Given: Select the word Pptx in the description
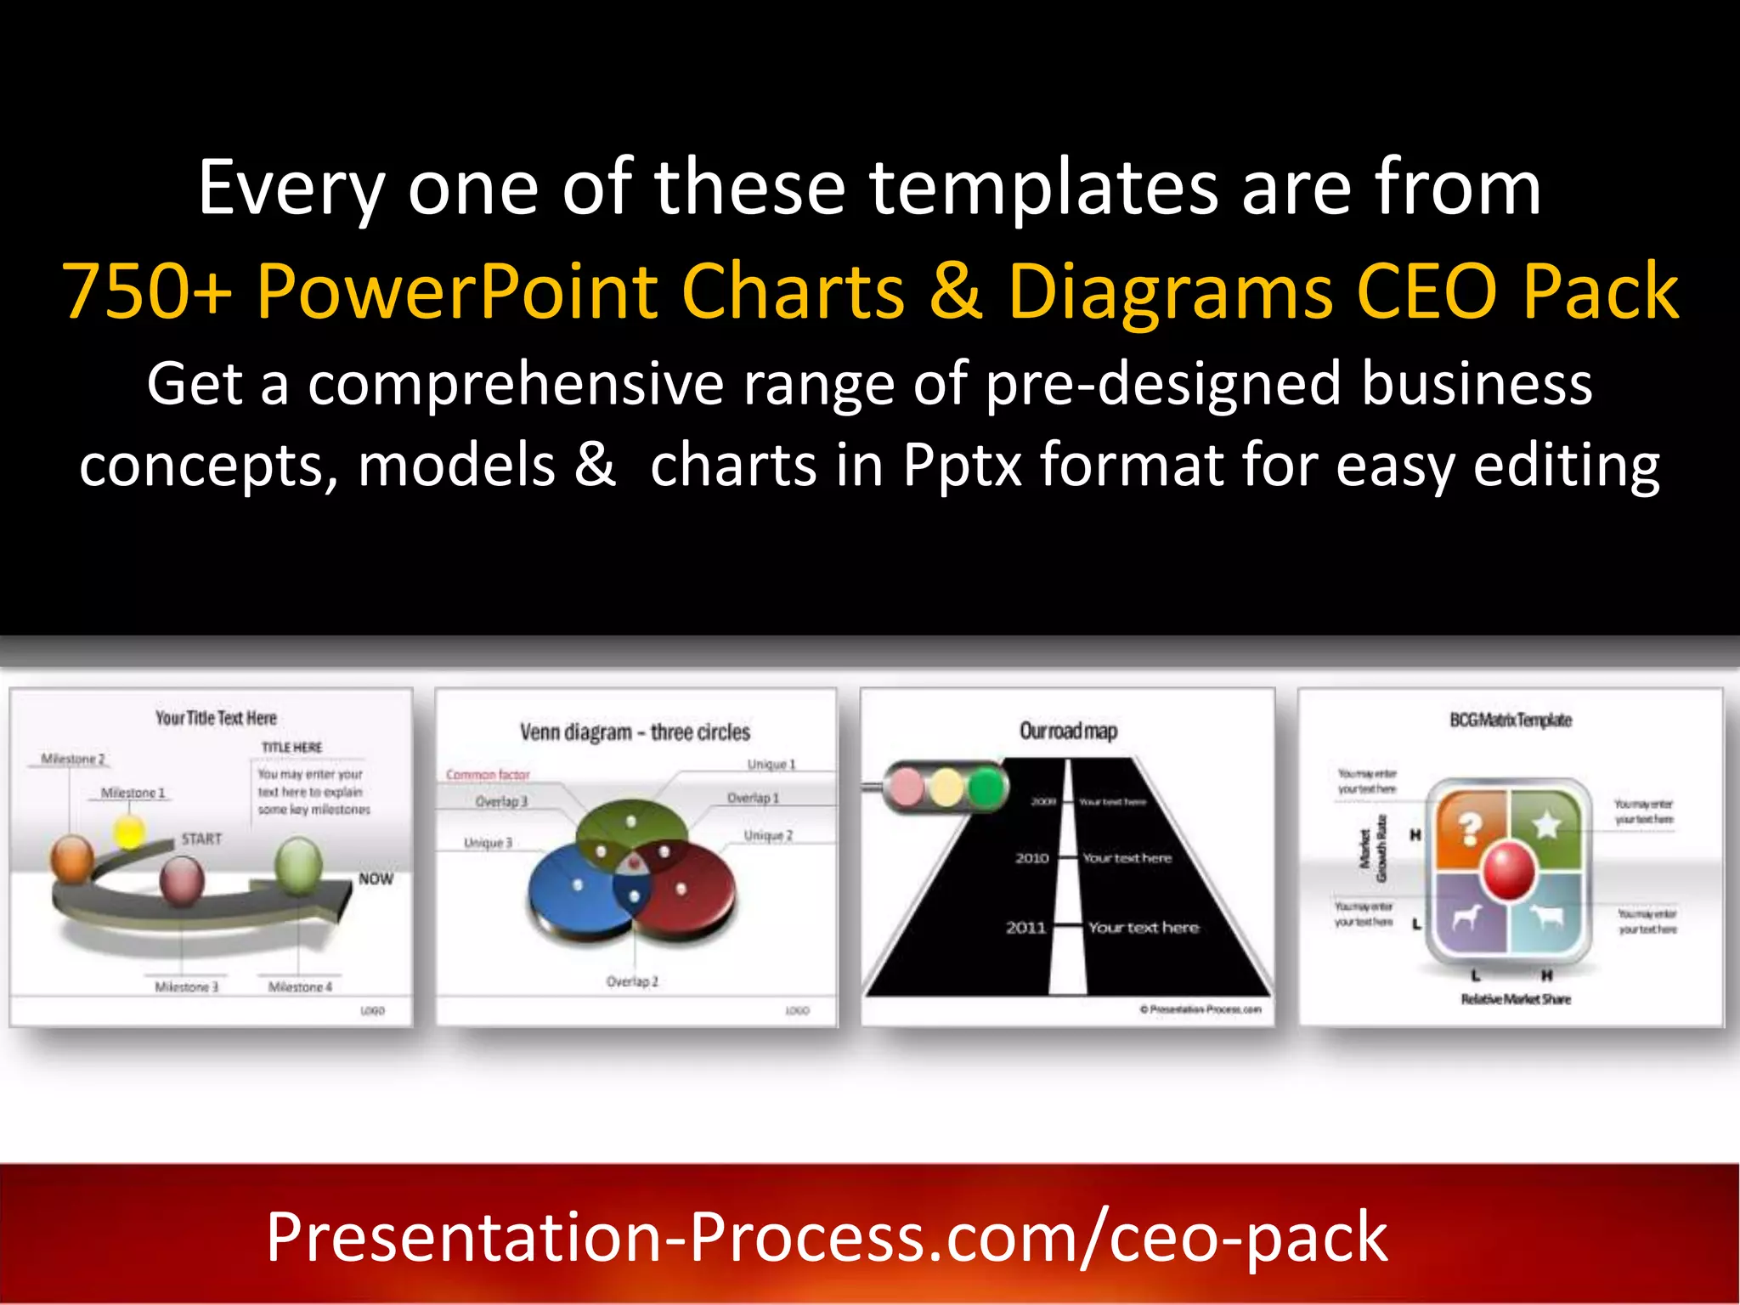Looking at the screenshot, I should click(962, 466).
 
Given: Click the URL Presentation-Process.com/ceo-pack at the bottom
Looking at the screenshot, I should click(827, 1238).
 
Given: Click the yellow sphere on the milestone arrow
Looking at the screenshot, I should click(129, 831).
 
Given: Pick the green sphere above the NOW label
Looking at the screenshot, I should click(298, 862).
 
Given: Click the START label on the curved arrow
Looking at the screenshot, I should click(201, 839).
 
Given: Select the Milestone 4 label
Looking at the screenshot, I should click(300, 986).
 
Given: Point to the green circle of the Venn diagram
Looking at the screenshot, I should click(630, 822).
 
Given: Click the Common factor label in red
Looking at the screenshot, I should click(488, 775).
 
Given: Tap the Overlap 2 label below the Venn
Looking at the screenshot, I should click(632, 981).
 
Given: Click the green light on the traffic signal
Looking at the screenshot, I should click(986, 788).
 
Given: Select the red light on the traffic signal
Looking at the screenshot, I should click(906, 788).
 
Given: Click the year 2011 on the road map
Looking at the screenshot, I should click(1025, 928).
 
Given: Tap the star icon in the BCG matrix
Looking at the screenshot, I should click(1546, 824).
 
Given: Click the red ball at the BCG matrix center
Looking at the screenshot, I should click(1509, 869).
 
